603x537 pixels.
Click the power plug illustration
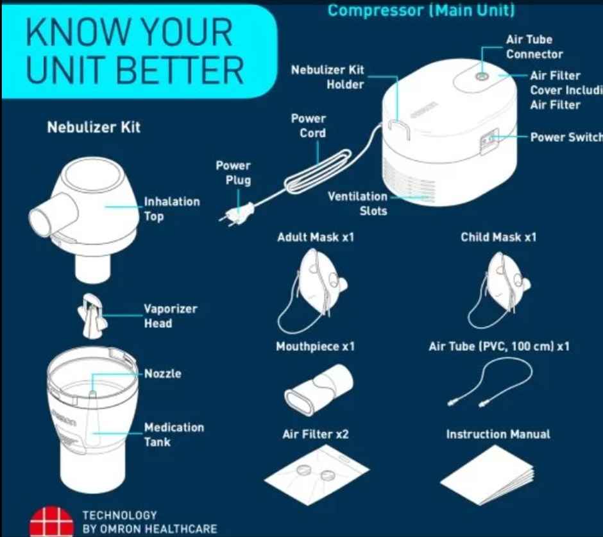237,214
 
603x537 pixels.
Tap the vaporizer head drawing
92,316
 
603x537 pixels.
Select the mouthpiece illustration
319,389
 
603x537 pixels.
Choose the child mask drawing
499,289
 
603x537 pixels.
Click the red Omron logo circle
51,522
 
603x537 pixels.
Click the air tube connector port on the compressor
481,76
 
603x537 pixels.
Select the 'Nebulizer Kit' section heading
94,127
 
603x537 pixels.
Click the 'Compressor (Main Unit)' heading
421,10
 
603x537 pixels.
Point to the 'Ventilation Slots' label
357,203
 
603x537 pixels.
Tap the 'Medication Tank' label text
174,435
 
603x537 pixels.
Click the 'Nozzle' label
163,373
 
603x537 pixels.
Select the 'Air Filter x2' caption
316,434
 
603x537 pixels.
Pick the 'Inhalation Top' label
172,209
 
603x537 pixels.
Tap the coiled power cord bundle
318,171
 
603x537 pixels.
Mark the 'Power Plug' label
233,173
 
